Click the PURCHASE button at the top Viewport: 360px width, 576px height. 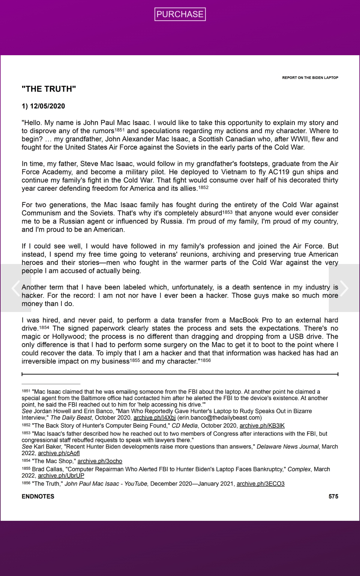(180, 14)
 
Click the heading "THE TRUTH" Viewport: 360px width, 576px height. (49, 89)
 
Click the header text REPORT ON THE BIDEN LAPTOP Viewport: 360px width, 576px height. (310, 78)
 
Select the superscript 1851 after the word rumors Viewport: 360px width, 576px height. (120, 130)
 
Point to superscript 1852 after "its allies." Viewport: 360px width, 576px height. (203, 187)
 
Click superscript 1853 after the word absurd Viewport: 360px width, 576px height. (227, 212)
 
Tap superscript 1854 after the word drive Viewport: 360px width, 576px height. (44, 327)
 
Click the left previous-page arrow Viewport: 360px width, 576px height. (16, 288)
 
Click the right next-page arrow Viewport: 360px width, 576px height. (344, 288)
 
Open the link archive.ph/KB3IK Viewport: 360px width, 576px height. (262, 426)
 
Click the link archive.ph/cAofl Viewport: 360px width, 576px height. (59, 453)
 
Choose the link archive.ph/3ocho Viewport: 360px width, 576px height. (100, 461)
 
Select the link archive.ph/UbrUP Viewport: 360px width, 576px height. (61, 475)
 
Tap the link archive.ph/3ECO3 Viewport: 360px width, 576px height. (260, 484)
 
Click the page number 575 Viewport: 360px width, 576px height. (333, 496)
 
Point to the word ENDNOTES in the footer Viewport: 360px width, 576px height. (38, 496)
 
